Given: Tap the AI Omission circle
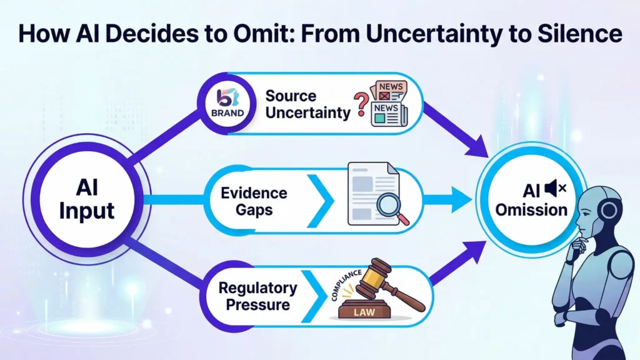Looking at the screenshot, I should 531,199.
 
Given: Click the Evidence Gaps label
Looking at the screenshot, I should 254,201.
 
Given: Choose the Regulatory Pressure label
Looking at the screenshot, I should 257,296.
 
